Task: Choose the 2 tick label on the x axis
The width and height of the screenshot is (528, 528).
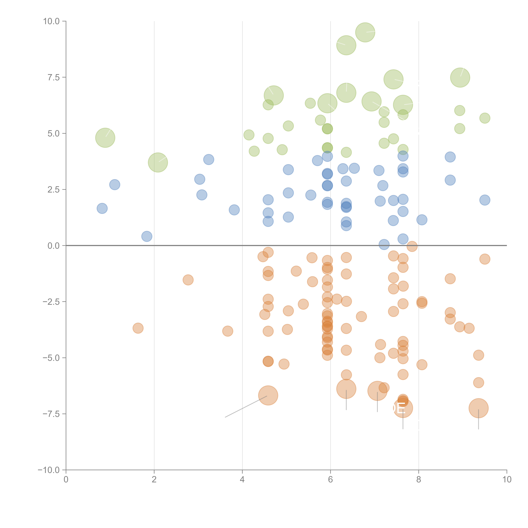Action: (x=154, y=480)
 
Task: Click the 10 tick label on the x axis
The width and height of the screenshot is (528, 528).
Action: (x=507, y=480)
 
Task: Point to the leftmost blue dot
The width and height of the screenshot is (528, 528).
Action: (x=102, y=209)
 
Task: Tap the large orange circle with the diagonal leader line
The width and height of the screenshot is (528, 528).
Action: (x=268, y=395)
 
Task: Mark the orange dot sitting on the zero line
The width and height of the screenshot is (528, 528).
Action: (x=412, y=246)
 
